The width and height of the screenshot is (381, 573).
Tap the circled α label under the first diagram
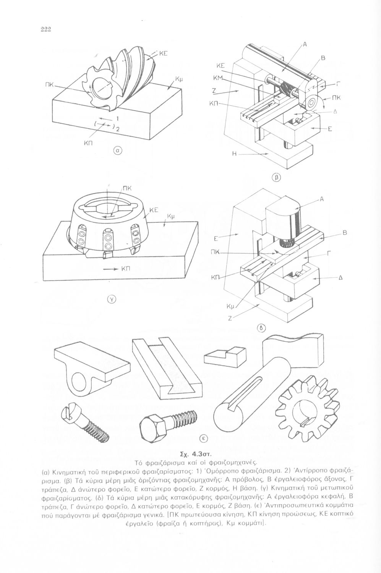point(118,151)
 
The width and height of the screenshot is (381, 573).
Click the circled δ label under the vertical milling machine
point(261,327)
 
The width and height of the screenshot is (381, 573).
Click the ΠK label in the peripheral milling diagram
point(49,84)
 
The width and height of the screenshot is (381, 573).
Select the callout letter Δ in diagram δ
point(340,279)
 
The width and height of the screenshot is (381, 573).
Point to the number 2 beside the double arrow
point(118,129)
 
